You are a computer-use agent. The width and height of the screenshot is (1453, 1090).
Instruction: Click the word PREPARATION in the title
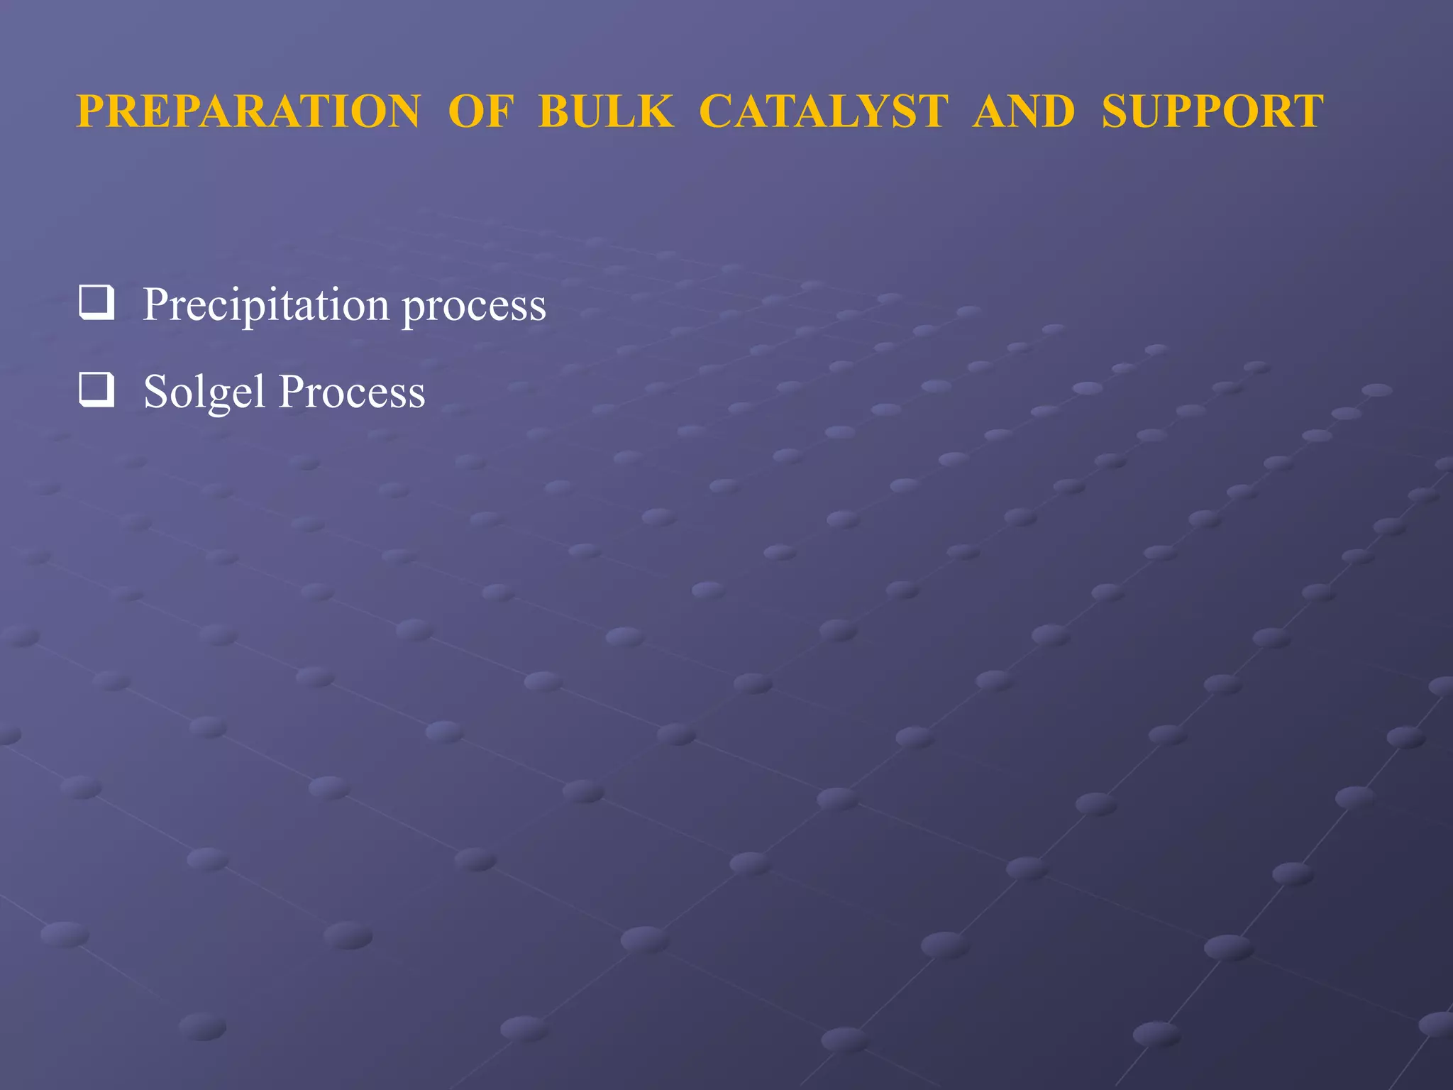pos(248,112)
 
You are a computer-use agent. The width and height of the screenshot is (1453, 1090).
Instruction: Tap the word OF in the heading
pos(480,112)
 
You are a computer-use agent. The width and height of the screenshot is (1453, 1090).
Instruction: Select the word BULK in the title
pos(605,112)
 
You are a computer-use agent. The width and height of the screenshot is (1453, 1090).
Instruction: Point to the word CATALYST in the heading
pos(823,112)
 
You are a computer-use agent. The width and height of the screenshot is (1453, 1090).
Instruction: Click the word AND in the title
pos(1024,112)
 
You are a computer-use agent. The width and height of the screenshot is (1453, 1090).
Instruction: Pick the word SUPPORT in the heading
pos(1212,112)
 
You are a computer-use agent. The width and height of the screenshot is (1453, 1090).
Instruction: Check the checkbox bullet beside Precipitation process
pos(96,303)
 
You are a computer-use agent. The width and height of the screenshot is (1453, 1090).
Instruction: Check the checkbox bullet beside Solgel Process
pos(96,390)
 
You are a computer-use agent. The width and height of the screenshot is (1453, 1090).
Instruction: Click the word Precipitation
pos(266,305)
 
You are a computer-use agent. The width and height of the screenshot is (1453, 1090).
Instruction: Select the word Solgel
pos(204,392)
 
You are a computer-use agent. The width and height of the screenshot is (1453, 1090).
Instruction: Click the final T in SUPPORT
pos(1307,112)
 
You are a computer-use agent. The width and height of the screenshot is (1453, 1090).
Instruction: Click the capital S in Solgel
pos(155,392)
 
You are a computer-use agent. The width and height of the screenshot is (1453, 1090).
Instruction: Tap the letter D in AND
pos(1057,112)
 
